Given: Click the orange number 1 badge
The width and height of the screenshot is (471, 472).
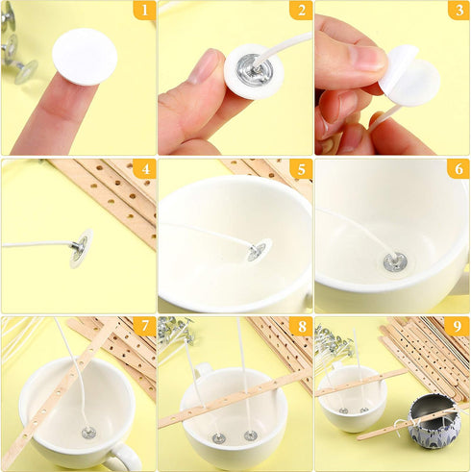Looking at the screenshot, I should click(x=143, y=11).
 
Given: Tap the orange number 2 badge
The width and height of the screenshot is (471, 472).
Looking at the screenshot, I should click(x=300, y=11).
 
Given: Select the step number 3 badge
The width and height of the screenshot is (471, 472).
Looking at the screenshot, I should click(x=459, y=11).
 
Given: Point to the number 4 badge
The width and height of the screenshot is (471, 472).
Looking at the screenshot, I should click(x=143, y=169).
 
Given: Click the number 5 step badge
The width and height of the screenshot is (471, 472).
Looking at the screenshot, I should click(x=300, y=169).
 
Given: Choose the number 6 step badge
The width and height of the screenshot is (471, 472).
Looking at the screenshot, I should click(x=459, y=169).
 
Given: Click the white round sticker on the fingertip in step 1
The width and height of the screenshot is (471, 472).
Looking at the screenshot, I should click(x=84, y=56).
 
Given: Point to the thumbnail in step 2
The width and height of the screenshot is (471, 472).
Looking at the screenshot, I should click(x=204, y=67).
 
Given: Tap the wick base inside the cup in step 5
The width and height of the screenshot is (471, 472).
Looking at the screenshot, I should click(x=257, y=252).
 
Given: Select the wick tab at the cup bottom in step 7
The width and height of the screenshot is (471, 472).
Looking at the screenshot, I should click(x=87, y=433).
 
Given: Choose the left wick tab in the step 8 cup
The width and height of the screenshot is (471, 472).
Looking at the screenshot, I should click(x=219, y=437).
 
